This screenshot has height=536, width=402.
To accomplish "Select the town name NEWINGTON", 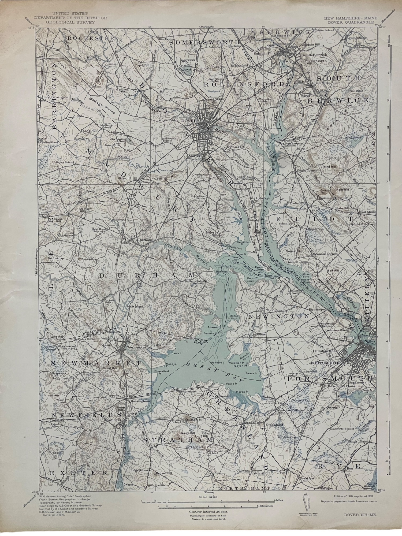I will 279,317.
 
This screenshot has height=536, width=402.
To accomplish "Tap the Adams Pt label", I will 216,327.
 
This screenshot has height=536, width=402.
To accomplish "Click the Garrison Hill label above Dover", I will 217,100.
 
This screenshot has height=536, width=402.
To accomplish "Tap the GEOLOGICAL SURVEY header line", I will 70,22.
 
